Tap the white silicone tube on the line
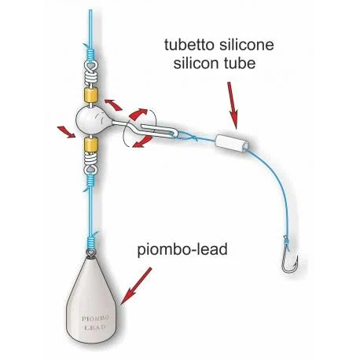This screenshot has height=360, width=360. point(232,143)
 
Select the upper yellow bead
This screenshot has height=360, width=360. point(90,95)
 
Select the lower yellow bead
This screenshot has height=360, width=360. point(90,145)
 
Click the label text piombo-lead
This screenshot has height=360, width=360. point(182,250)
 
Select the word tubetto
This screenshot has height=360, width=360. point(189,45)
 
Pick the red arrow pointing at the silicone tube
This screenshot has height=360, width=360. point(233,105)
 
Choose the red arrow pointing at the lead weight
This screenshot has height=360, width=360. point(136,286)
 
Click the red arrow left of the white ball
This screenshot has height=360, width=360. point(67,131)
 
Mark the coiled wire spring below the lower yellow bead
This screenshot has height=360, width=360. point(90,163)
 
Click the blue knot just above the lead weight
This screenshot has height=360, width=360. point(91,241)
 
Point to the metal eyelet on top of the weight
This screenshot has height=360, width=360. point(91,253)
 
